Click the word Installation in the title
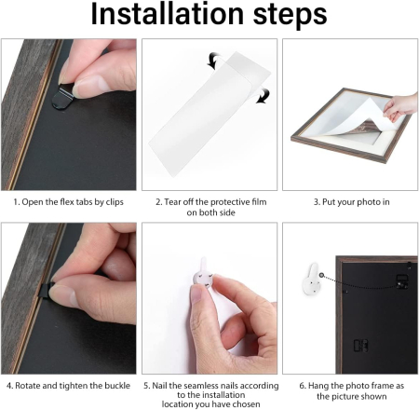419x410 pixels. click(x=168, y=14)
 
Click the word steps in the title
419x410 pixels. click(x=290, y=15)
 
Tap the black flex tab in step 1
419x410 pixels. click(x=63, y=98)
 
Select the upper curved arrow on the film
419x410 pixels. click(x=214, y=61)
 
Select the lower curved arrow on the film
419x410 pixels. click(x=263, y=95)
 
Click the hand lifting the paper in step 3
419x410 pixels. click(x=401, y=106)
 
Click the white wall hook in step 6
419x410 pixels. click(x=312, y=279)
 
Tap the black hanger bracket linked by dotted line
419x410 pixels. click(x=402, y=281)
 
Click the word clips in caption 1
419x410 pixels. click(x=115, y=202)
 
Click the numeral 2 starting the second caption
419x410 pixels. click(x=158, y=202)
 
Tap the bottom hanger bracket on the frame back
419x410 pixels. click(x=361, y=346)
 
